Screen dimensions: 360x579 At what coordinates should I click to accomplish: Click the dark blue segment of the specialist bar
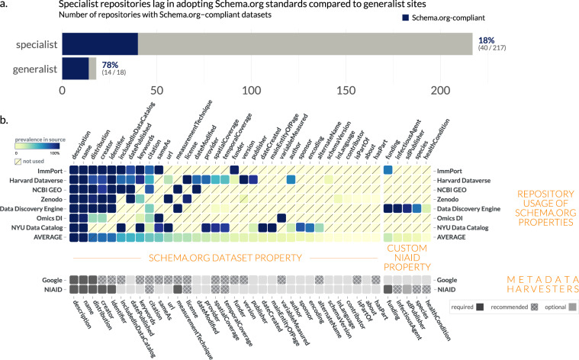(x=99, y=43)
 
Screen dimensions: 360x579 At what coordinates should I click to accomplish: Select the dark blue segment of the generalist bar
(x=75, y=69)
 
